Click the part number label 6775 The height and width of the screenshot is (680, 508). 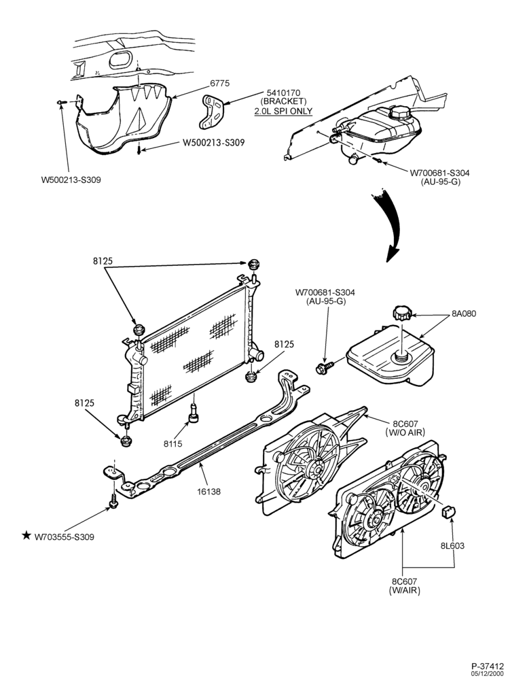[x=232, y=83]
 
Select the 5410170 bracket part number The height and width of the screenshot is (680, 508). [x=283, y=92]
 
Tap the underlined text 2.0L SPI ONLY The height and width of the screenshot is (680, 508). [x=283, y=111]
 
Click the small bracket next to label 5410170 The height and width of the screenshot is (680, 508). [x=211, y=112]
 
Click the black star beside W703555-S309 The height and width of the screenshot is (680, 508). [x=27, y=536]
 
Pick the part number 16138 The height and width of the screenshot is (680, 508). [x=210, y=492]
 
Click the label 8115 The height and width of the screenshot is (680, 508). [x=173, y=443]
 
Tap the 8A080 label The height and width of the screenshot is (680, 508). [x=464, y=313]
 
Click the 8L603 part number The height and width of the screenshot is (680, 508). [x=452, y=545]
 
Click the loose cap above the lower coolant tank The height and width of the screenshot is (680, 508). [x=402, y=313]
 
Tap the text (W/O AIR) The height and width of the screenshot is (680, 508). [x=405, y=432]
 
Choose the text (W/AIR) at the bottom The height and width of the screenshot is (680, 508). [x=405, y=590]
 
